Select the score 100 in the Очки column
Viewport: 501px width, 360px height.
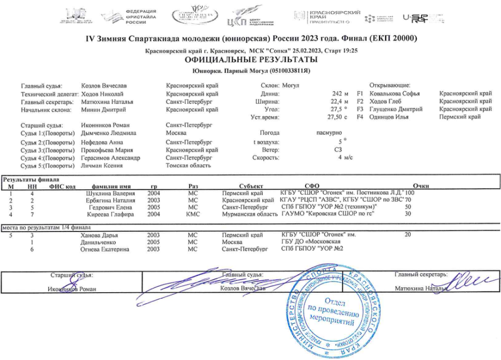[x=410, y=193]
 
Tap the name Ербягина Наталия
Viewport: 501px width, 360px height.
[x=110, y=200]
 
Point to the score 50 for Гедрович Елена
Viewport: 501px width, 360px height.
[x=408, y=207]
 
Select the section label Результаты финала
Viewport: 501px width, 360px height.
[x=27, y=179]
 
